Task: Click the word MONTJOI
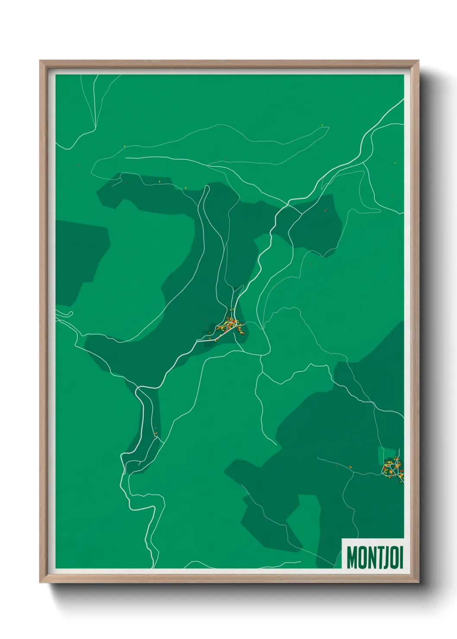tap(374, 558)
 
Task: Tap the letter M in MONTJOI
tap(352, 558)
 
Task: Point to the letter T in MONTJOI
tap(376, 558)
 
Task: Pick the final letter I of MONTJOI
tap(401, 558)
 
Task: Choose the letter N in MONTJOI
tap(368, 558)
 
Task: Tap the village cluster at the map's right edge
tap(392, 468)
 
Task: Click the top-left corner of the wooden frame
tap(41, 61)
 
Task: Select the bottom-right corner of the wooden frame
tap(418, 582)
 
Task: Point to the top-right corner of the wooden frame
tap(418, 61)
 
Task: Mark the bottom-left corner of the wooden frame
tap(41, 582)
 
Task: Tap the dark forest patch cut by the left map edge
tap(78, 259)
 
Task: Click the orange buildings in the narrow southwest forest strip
tap(156, 432)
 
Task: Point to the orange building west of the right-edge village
tap(350, 467)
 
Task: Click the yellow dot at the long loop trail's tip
tap(322, 126)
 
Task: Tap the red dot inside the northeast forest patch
tap(325, 210)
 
